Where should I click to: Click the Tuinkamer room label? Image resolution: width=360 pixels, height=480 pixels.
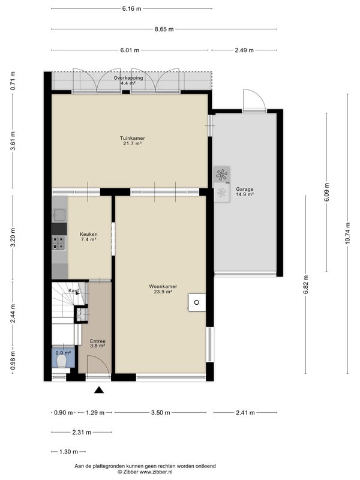coord(132,139)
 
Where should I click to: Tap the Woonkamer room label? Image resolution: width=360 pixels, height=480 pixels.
coord(163,287)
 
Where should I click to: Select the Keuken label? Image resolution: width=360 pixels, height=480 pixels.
coord(89,234)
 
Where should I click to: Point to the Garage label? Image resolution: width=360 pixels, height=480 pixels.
coord(245,189)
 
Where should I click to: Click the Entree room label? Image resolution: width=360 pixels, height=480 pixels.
coord(98,341)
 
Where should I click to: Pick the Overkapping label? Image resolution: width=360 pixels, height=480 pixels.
coord(128,78)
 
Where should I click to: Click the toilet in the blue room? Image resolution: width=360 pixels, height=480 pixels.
coord(62,361)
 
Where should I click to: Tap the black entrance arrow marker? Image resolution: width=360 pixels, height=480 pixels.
coord(98,389)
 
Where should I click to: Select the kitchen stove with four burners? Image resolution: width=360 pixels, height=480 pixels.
coord(59,243)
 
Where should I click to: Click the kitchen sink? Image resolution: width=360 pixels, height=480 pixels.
coord(59,215)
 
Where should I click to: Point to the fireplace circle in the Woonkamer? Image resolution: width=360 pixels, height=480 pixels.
coord(197,302)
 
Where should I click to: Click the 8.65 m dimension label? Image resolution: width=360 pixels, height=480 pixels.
coord(164,29)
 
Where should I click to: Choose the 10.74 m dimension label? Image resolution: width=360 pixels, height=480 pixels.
coord(347,233)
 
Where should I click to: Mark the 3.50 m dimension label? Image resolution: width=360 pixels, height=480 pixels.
coord(160,413)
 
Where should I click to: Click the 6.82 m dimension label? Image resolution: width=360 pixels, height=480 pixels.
coord(305,284)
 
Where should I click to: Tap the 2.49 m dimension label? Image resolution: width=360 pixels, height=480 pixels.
coord(244,50)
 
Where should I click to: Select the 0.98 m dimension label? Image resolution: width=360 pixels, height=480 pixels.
coord(13,359)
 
